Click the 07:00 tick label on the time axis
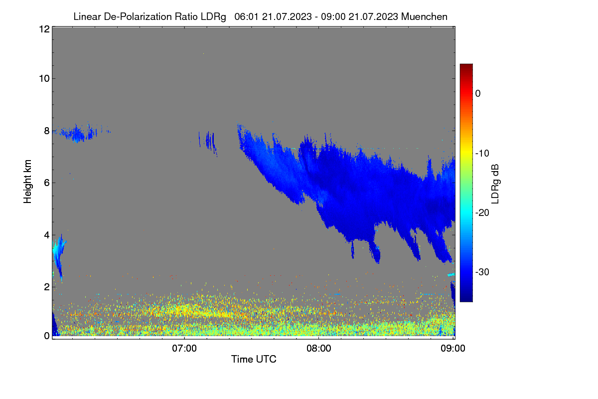[x=184, y=348]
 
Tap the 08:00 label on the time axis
[x=319, y=348]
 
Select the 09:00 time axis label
[x=453, y=348]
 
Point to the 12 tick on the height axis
[x=44, y=29]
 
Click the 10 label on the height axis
[x=44, y=79]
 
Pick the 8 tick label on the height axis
[x=47, y=131]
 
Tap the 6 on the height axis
[x=47, y=183]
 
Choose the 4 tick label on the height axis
[x=47, y=235]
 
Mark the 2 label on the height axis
[x=47, y=287]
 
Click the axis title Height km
[x=27, y=182]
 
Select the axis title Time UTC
[x=254, y=359]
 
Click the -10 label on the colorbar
[x=482, y=154]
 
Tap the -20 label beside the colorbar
[x=482, y=213]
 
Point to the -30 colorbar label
[x=482, y=272]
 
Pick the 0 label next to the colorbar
[x=478, y=94]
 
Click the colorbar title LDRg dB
[x=495, y=184]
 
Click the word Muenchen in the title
[x=424, y=16]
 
